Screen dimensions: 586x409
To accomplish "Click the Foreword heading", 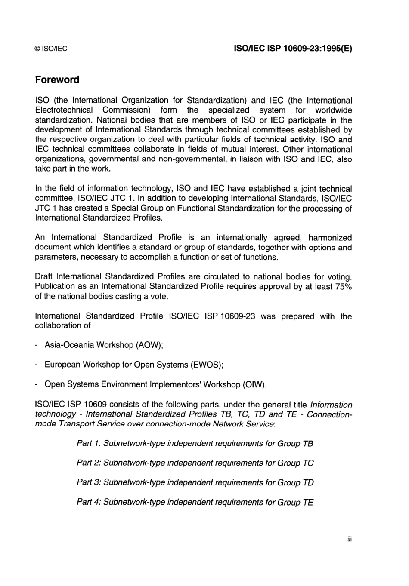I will (x=57, y=80).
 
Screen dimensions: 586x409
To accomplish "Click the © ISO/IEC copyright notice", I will (x=51, y=49).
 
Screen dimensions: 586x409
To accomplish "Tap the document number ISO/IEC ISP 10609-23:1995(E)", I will (x=293, y=49).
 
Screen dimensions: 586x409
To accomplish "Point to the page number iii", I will (x=350, y=539).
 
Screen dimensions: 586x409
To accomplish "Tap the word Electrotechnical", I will (x=63, y=110).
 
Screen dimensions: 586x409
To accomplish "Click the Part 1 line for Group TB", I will (x=195, y=443).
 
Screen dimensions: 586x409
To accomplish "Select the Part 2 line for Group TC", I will (x=195, y=463).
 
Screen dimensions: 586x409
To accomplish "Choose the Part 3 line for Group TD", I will (x=195, y=482).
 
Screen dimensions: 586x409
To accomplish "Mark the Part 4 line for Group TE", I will (x=195, y=502).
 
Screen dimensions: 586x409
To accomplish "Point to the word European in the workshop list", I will (x=62, y=365).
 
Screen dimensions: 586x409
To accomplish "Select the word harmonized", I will (x=330, y=238).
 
